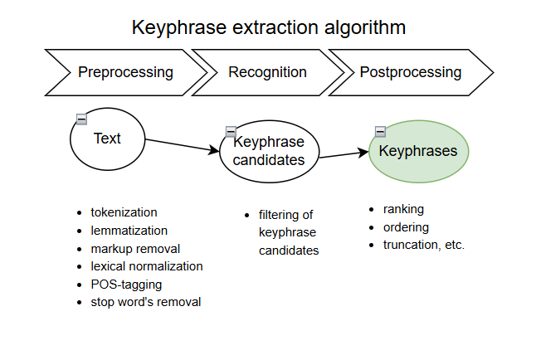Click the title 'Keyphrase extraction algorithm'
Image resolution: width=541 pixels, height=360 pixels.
(269, 27)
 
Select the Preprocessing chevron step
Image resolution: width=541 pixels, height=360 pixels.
(125, 72)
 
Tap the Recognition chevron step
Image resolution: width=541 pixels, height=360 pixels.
(267, 72)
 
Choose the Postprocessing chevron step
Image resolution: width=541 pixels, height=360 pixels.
(410, 72)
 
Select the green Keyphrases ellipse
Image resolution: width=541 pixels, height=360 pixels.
(418, 152)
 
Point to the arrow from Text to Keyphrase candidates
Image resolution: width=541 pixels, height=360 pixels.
(183, 145)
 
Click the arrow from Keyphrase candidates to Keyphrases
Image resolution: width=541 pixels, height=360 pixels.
(344, 154)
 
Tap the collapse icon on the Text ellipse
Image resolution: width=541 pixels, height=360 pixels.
(81, 119)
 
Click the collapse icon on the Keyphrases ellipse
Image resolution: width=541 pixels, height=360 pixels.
(380, 131)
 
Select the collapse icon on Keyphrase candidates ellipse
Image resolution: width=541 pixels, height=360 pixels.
(231, 132)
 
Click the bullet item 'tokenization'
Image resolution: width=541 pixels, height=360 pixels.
(124, 212)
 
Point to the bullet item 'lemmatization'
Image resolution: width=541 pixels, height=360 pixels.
(129, 231)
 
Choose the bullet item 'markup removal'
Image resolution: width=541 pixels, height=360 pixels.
(135, 248)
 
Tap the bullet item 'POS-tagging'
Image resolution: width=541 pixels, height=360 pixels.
(126, 284)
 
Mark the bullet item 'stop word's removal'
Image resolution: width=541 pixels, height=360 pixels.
(145, 302)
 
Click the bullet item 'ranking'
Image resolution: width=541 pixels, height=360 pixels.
(403, 209)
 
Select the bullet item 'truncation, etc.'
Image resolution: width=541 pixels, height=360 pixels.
(423, 245)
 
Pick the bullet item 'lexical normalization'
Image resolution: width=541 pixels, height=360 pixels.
(146, 266)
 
